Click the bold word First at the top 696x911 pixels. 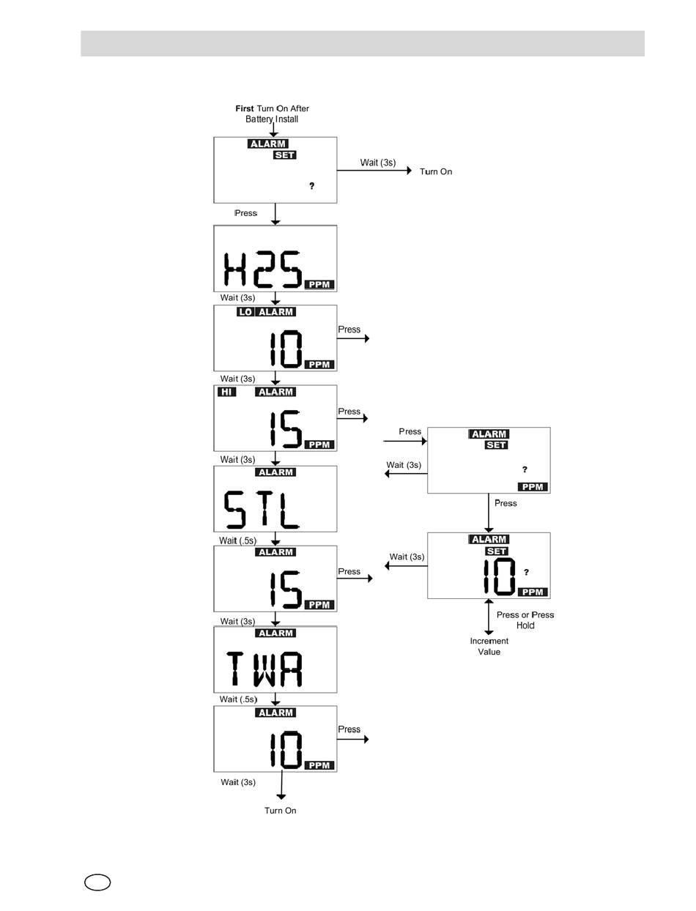click(244, 108)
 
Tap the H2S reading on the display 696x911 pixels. click(263, 269)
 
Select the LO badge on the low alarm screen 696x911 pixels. click(245, 312)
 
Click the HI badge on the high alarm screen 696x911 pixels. click(226, 392)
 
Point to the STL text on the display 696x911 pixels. click(262, 509)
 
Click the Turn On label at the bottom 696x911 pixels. click(280, 810)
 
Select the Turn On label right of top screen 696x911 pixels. click(435, 171)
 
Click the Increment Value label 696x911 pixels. click(489, 646)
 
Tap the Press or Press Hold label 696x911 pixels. click(525, 620)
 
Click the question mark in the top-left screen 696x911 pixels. click(311, 185)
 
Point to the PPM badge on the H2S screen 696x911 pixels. click(319, 284)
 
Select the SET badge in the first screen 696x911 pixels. click(284, 155)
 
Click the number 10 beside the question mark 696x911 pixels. click(499, 576)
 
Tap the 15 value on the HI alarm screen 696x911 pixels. click(285, 429)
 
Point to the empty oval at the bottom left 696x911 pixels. click(97, 882)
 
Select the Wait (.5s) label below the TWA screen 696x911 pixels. click(238, 699)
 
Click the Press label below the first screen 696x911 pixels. click(245, 213)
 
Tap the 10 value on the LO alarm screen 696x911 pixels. click(286, 349)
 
